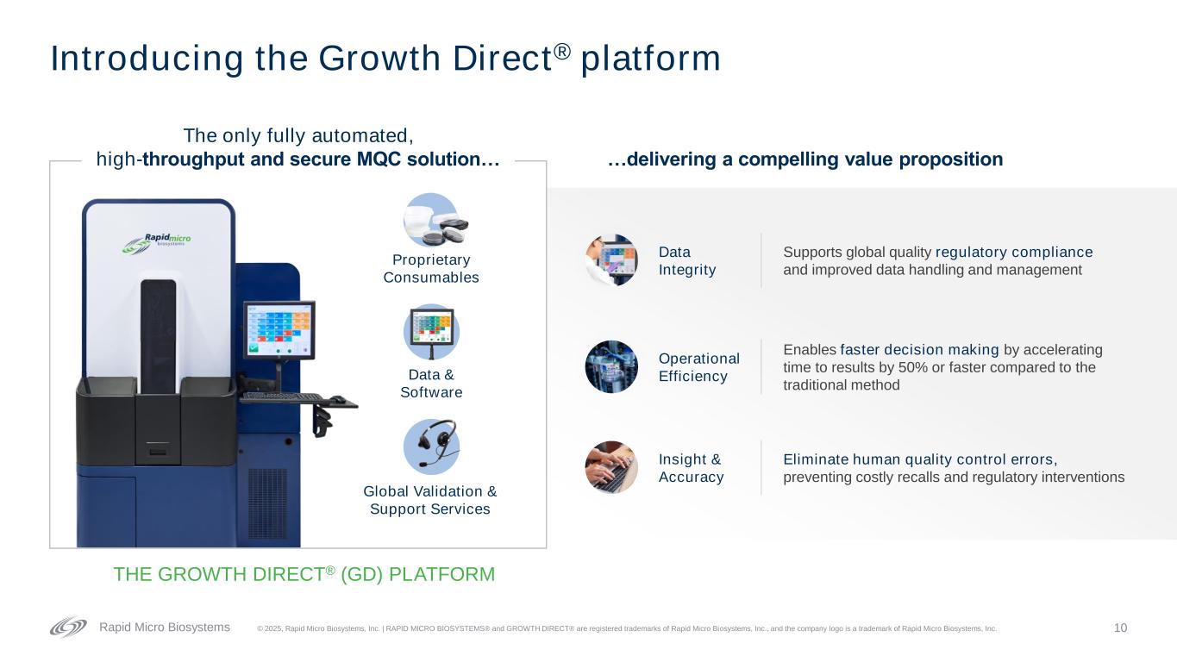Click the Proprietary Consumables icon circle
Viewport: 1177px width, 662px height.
pyautogui.click(x=431, y=220)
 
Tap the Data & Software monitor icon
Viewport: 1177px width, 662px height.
pyautogui.click(x=431, y=332)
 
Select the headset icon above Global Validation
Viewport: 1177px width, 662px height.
pyautogui.click(x=431, y=447)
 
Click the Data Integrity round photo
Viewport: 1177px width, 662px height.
pyautogui.click(x=611, y=260)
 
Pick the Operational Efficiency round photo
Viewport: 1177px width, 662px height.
pyautogui.click(x=611, y=366)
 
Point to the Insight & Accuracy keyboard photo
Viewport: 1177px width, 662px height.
pyautogui.click(x=611, y=467)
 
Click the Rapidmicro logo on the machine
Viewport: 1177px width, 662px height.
pyautogui.click(x=157, y=243)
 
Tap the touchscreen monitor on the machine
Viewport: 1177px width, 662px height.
pyautogui.click(x=279, y=330)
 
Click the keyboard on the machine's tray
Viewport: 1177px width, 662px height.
pyautogui.click(x=282, y=397)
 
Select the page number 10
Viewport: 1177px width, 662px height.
pyautogui.click(x=1120, y=628)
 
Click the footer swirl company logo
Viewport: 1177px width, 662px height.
pyautogui.click(x=68, y=627)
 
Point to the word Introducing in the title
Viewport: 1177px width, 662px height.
pyautogui.click(x=147, y=59)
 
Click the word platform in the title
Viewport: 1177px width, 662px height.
pyautogui.click(x=650, y=59)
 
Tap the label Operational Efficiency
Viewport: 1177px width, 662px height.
pyautogui.click(x=698, y=367)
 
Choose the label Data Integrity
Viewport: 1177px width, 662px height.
pyautogui.click(x=687, y=260)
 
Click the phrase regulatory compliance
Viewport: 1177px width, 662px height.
pyautogui.click(x=1014, y=253)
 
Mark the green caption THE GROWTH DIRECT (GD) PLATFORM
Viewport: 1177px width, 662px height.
pyautogui.click(x=304, y=574)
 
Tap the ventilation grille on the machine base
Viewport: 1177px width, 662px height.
pyautogui.click(x=267, y=503)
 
